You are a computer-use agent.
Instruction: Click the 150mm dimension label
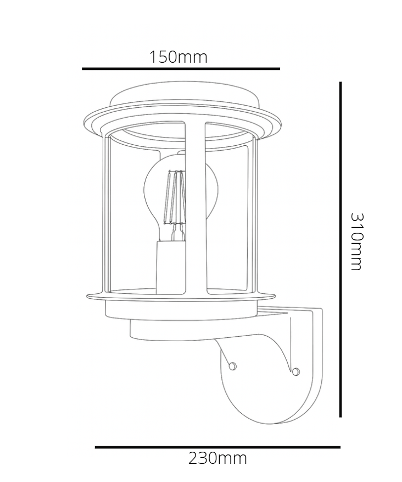178,57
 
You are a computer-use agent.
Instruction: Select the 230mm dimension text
217,458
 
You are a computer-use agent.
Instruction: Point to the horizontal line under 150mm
181,69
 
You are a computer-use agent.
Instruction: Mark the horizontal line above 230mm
217,447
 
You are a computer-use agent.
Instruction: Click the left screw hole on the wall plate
232,365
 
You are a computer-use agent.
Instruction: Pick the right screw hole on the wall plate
296,373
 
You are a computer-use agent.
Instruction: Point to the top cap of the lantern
184,98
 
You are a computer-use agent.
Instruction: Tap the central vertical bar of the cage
195,209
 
